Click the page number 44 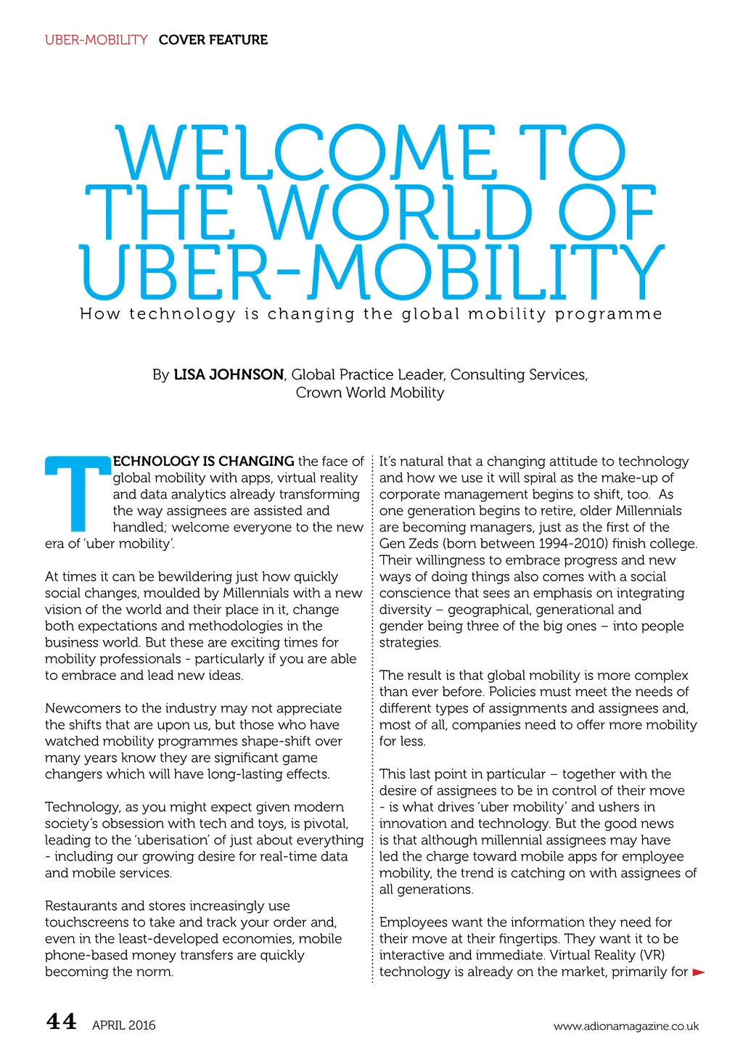(x=61, y=1022)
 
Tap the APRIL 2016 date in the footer (x=123, y=1025)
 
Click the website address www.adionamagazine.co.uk (x=625, y=1026)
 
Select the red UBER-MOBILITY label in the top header (x=96, y=40)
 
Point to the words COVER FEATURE (x=213, y=40)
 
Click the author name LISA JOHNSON (x=229, y=375)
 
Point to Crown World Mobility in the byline (x=369, y=393)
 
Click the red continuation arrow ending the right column (x=699, y=972)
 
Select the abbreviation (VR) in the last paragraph (x=652, y=955)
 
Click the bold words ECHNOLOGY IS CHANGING (x=204, y=462)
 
